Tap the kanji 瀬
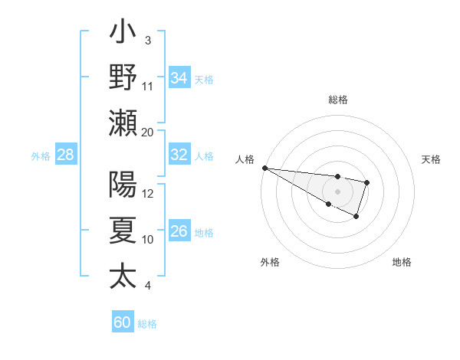point(123,123)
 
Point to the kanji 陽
point(123,185)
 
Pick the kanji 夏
point(123,231)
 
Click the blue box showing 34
point(179,77)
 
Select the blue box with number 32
point(179,155)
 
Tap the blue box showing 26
point(179,231)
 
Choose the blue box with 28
point(66,155)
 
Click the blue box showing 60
point(123,322)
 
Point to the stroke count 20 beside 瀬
point(148,132)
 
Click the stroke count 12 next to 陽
point(148,194)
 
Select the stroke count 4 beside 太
point(147,286)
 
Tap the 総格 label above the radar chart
point(337,100)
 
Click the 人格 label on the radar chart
point(245,159)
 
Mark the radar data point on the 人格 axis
point(264,168)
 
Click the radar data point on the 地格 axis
point(356,217)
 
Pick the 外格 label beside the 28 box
point(41,155)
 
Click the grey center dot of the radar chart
point(337,191)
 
